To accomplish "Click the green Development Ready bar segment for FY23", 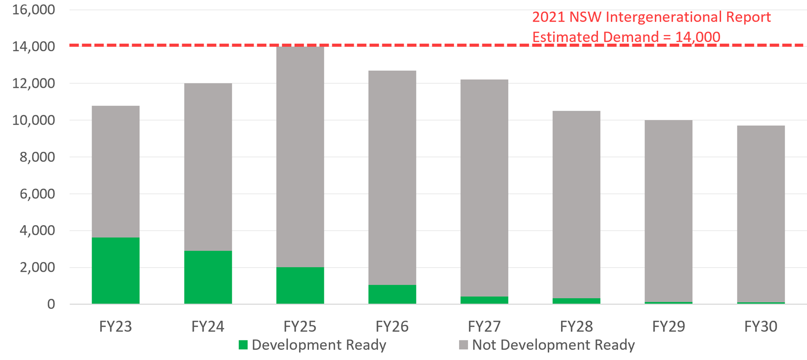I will point(116,270).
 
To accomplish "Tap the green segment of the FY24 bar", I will point(208,277).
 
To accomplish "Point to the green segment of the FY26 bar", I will point(392,294).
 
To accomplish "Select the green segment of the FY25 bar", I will point(300,285).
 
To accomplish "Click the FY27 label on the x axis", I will point(484,327).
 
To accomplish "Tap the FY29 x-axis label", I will point(668,327).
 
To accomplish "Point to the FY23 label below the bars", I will point(116,327).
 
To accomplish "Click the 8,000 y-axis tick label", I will point(37,157).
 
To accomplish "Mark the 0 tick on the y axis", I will point(51,304).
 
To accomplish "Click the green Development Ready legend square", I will point(243,345).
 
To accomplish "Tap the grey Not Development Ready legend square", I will point(463,345).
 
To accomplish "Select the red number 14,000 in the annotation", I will point(697,37).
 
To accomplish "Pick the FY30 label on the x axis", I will point(761,327).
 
